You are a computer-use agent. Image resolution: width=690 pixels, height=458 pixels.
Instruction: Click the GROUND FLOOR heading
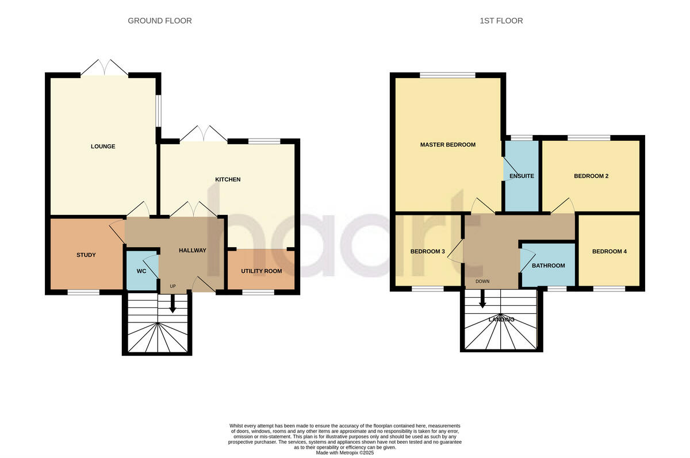pos(159,21)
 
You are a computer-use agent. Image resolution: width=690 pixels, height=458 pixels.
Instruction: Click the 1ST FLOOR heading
pos(501,21)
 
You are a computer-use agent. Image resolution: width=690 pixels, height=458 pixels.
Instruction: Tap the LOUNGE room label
pos(103,147)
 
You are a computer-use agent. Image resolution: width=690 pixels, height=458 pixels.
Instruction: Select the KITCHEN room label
pos(228,180)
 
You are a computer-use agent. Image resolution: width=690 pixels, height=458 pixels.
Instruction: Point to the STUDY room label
pos(86,255)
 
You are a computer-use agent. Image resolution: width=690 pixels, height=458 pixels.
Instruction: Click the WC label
pos(141,271)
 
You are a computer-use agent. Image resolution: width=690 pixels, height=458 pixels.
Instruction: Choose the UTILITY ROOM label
pos(261,271)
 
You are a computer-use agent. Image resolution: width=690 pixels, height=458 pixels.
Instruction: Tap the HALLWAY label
pos(192,251)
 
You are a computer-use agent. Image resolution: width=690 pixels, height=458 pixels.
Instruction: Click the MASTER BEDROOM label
pos(447,145)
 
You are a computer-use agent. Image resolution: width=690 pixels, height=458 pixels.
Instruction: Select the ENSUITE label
pos(522,176)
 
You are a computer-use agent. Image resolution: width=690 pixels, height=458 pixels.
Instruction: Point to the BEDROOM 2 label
pos(591,176)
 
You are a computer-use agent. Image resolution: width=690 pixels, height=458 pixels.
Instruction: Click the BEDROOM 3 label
pos(427,252)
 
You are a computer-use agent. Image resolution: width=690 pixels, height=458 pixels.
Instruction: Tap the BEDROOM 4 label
pos(609,252)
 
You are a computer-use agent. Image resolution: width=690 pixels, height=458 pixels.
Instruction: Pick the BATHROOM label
pos(548,266)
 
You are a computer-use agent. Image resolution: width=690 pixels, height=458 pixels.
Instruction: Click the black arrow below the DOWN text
pos(482,301)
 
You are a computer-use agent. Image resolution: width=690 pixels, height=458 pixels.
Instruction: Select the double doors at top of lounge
pos(104,68)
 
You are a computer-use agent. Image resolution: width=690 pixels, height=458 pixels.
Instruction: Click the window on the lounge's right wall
pos(159,110)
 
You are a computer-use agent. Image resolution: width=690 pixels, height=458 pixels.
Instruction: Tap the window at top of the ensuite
pos(521,138)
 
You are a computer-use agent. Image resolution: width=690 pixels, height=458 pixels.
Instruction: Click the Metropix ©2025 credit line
pos(345,453)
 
